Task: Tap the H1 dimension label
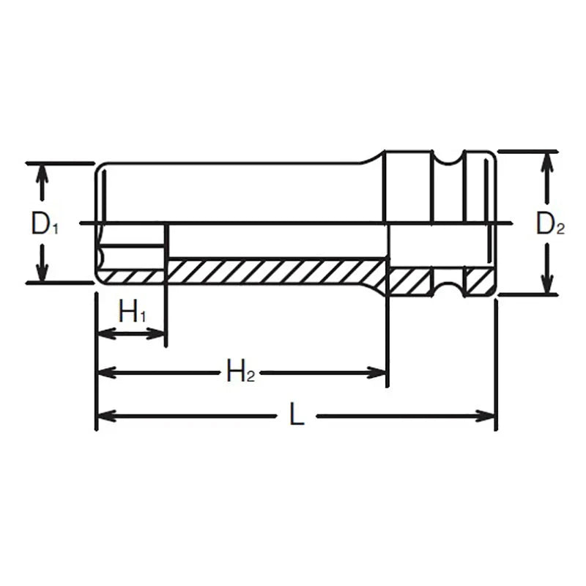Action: click(132, 314)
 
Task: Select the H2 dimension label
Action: click(240, 372)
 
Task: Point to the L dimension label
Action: click(296, 416)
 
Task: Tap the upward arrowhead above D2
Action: click(546, 160)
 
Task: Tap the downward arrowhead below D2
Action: click(546, 286)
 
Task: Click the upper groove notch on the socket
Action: click(447, 160)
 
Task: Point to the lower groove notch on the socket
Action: click(447, 285)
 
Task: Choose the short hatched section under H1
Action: click(132, 275)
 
